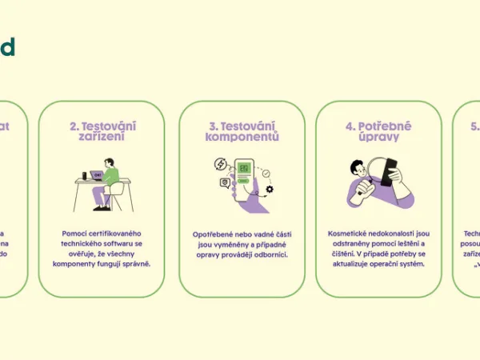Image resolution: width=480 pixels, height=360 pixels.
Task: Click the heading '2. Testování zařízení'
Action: pos(102,131)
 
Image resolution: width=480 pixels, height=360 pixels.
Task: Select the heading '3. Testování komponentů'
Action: pos(242,131)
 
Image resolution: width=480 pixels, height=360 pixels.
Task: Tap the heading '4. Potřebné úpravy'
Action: pos(379,131)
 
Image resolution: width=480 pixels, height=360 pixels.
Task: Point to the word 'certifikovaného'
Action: pos(109,233)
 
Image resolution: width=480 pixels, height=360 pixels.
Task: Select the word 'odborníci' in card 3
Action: pos(268,254)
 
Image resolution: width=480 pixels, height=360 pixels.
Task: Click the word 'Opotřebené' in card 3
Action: pos(213,234)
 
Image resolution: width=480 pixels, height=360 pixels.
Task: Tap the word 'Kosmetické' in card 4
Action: pos(350,234)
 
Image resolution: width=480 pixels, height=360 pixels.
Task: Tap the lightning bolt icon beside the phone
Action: pos(220,164)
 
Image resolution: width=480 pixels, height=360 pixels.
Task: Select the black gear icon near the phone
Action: pos(270,189)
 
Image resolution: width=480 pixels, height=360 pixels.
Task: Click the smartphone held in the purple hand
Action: pos(243,172)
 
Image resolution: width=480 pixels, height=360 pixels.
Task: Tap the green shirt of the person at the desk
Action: pos(111,176)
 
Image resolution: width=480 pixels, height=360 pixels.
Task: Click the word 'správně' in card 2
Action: pos(136,263)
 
